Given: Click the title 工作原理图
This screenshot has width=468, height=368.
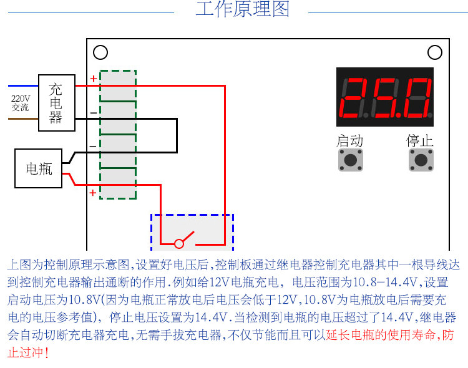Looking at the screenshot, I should coord(243,10).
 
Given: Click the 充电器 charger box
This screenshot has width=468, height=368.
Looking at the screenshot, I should coord(56,103).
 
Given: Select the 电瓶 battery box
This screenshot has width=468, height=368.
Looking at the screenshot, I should coord(39,168).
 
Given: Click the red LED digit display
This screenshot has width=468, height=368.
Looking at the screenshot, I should coord(385,98).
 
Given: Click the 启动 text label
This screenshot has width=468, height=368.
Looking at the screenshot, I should coord(349,141).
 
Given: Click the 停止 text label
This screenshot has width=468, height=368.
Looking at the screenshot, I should coord(420,141).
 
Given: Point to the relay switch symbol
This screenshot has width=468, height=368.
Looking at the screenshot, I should coord(185,240).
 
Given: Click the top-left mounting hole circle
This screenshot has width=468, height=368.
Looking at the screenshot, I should coord(100,53).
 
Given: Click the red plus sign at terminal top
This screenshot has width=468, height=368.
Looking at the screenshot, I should coord(93,79).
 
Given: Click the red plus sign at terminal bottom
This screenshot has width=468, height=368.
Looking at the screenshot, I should coord(93,193).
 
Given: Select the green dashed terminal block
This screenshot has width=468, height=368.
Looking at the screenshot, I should coord(118,135).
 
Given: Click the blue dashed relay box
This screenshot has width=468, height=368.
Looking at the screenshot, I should coord(192,232).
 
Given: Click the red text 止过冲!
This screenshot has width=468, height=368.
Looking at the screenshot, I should coord(28,352).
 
